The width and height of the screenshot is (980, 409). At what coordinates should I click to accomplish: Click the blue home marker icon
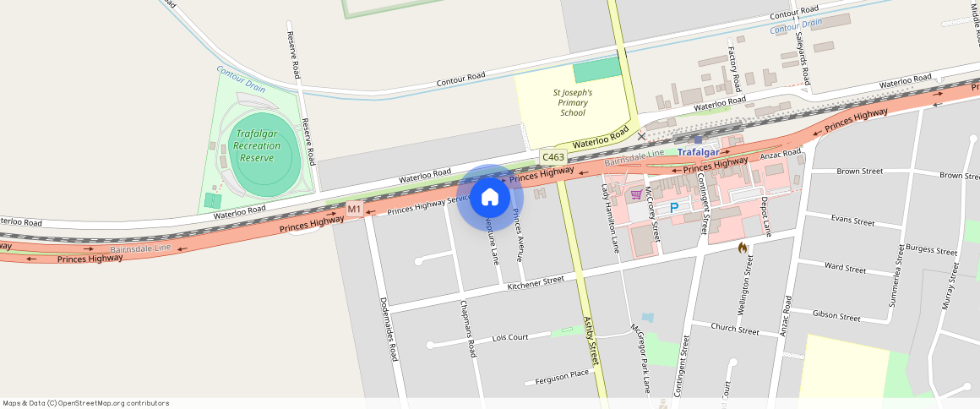(489, 198)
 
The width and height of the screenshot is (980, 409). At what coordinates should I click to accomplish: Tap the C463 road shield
(553, 157)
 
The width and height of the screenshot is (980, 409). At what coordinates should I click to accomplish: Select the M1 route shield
(354, 209)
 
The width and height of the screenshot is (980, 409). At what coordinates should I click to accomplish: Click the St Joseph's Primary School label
(572, 102)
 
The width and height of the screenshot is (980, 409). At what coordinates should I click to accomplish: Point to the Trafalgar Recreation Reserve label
(262, 145)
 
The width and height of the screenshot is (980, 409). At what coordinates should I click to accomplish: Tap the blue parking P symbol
(674, 207)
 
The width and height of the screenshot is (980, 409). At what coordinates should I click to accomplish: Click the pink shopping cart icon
(636, 194)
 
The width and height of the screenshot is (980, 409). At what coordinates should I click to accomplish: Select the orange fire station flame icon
(742, 248)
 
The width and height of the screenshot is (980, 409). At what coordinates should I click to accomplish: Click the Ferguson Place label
(562, 377)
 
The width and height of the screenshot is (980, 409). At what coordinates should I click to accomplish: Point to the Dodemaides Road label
(389, 329)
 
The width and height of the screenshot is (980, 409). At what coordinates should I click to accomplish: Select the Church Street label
(734, 329)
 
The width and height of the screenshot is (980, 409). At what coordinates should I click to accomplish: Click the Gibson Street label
(836, 316)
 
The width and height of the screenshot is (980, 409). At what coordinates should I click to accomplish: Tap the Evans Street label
(852, 221)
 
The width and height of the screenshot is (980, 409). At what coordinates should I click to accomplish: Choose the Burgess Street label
(931, 251)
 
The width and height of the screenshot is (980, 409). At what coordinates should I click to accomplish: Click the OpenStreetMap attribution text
(86, 403)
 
